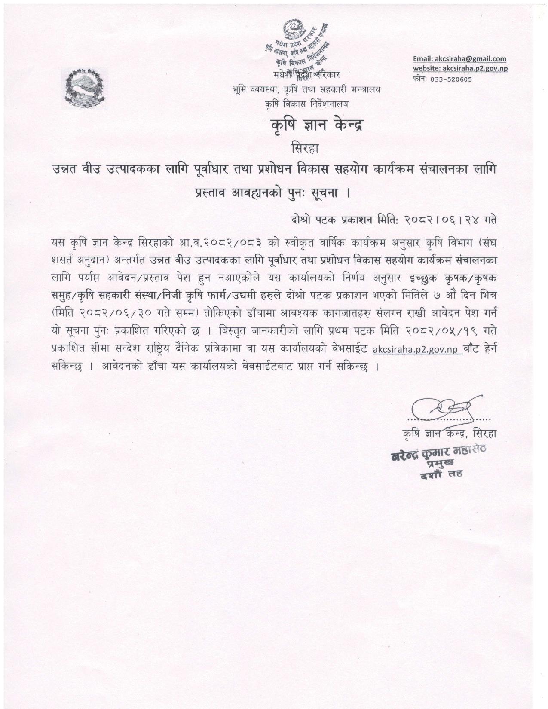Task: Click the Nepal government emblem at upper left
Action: click(x=84, y=86)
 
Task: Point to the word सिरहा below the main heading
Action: click(x=306, y=149)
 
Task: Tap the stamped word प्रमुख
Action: click(x=440, y=464)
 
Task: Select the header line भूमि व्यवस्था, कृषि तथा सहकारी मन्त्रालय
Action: click(x=306, y=90)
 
